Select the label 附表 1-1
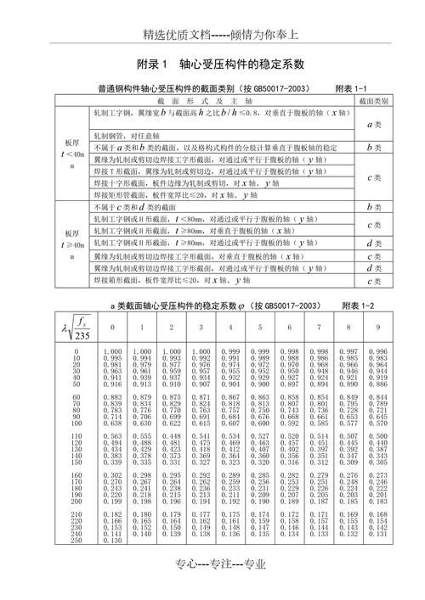[x=350, y=88]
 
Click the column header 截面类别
[x=373, y=100]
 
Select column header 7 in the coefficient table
[x=318, y=327]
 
